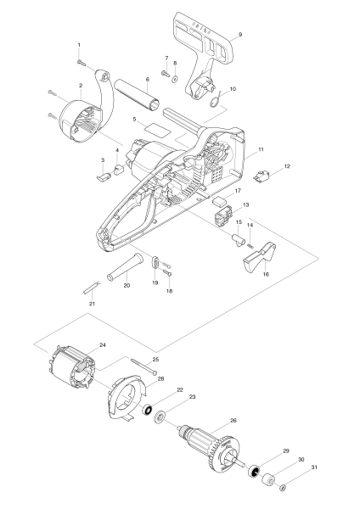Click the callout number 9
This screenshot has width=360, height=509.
pos(240,33)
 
